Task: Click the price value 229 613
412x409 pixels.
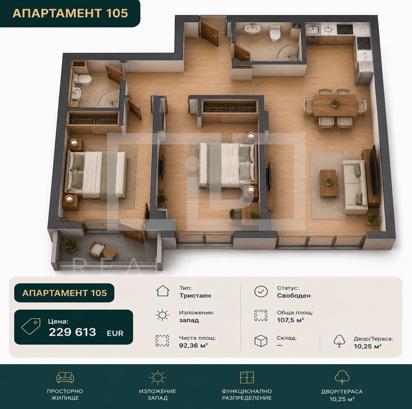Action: tap(72, 332)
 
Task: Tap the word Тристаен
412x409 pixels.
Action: tap(195, 296)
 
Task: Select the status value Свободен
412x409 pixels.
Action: tap(293, 296)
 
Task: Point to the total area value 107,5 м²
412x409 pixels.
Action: tap(290, 320)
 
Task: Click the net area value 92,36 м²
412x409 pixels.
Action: tap(194, 345)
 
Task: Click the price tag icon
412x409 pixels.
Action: tap(31, 326)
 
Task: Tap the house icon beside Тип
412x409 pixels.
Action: tap(163, 291)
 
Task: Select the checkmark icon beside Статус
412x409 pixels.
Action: tap(261, 291)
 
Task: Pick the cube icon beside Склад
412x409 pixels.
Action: tap(261, 341)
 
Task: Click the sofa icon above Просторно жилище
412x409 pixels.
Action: tap(65, 377)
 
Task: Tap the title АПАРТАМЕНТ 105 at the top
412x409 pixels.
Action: tap(70, 13)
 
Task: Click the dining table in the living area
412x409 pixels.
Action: tap(335, 105)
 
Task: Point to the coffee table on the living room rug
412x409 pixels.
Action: tap(328, 184)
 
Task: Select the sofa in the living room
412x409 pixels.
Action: tap(355, 187)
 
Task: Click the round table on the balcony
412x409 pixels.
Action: tap(110, 252)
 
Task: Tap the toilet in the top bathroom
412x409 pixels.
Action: tap(275, 33)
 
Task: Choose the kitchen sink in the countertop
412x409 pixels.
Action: tap(313, 29)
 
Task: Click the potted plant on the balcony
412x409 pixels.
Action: tap(70, 245)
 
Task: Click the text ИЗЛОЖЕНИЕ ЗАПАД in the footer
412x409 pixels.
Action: tap(158, 395)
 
